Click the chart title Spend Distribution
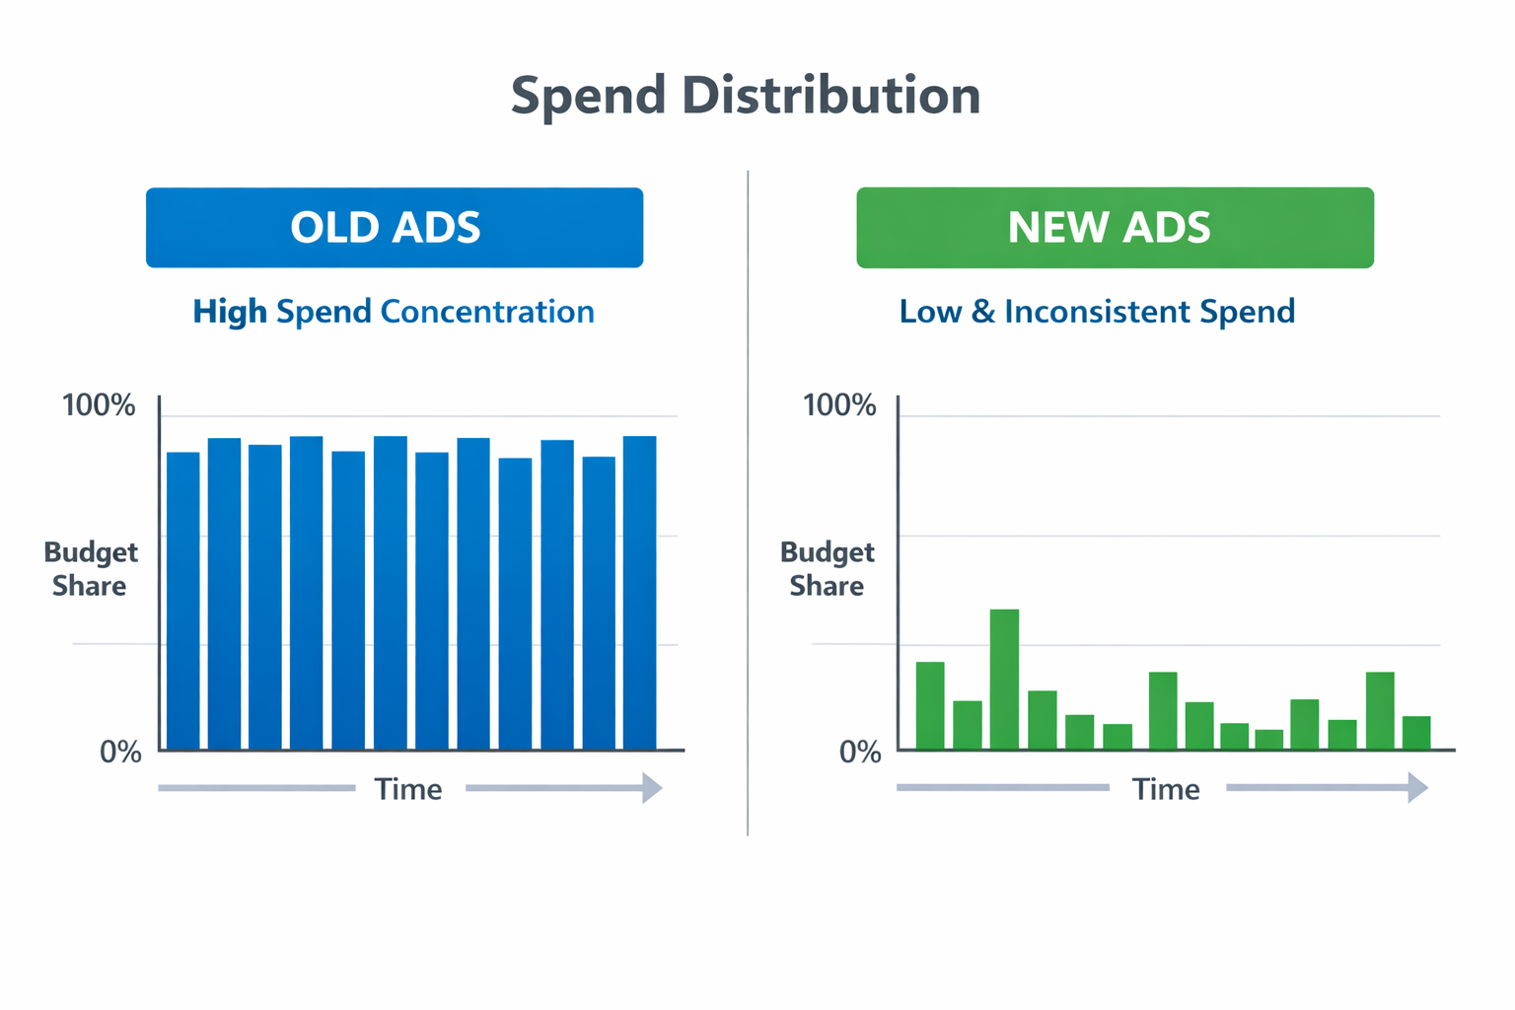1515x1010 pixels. (746, 96)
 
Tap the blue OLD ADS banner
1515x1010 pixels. (395, 228)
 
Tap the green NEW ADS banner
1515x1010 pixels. (1115, 228)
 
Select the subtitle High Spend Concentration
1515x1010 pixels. (394, 312)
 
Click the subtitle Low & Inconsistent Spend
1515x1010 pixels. (1097, 312)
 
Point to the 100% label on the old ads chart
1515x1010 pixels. (99, 405)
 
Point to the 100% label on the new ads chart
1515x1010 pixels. (839, 405)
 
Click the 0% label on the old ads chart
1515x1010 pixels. (120, 753)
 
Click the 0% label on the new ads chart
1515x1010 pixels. (860, 753)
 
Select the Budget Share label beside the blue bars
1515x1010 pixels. (90, 569)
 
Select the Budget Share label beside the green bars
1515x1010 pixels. (827, 569)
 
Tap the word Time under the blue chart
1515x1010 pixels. (408, 789)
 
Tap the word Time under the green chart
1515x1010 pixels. (1166, 789)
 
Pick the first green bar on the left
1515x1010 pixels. (930, 705)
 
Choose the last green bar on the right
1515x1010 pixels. (1416, 732)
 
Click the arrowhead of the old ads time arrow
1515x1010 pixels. (652, 788)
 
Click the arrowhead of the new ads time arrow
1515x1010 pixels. (1417, 787)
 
